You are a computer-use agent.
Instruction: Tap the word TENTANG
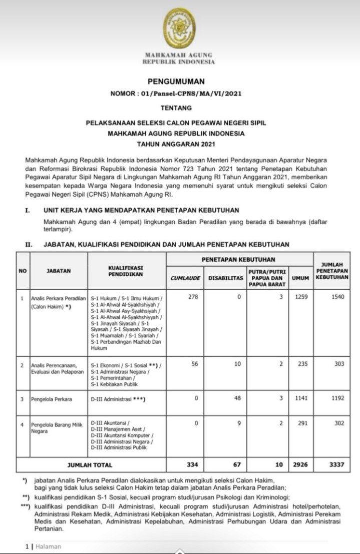point(176,108)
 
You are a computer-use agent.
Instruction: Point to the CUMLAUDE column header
point(184,278)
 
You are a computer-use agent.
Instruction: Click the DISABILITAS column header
point(225,278)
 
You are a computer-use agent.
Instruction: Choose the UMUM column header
point(300,278)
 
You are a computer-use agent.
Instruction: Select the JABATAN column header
point(59,271)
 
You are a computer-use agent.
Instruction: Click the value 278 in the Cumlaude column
point(193,297)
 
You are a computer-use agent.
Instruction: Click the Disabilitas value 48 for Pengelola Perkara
point(238,398)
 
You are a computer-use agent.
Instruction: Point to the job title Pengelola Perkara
point(52,399)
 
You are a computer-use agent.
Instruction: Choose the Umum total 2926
point(301,464)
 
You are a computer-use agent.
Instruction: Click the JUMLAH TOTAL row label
point(91,465)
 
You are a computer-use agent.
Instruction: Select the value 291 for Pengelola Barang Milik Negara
point(303,423)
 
